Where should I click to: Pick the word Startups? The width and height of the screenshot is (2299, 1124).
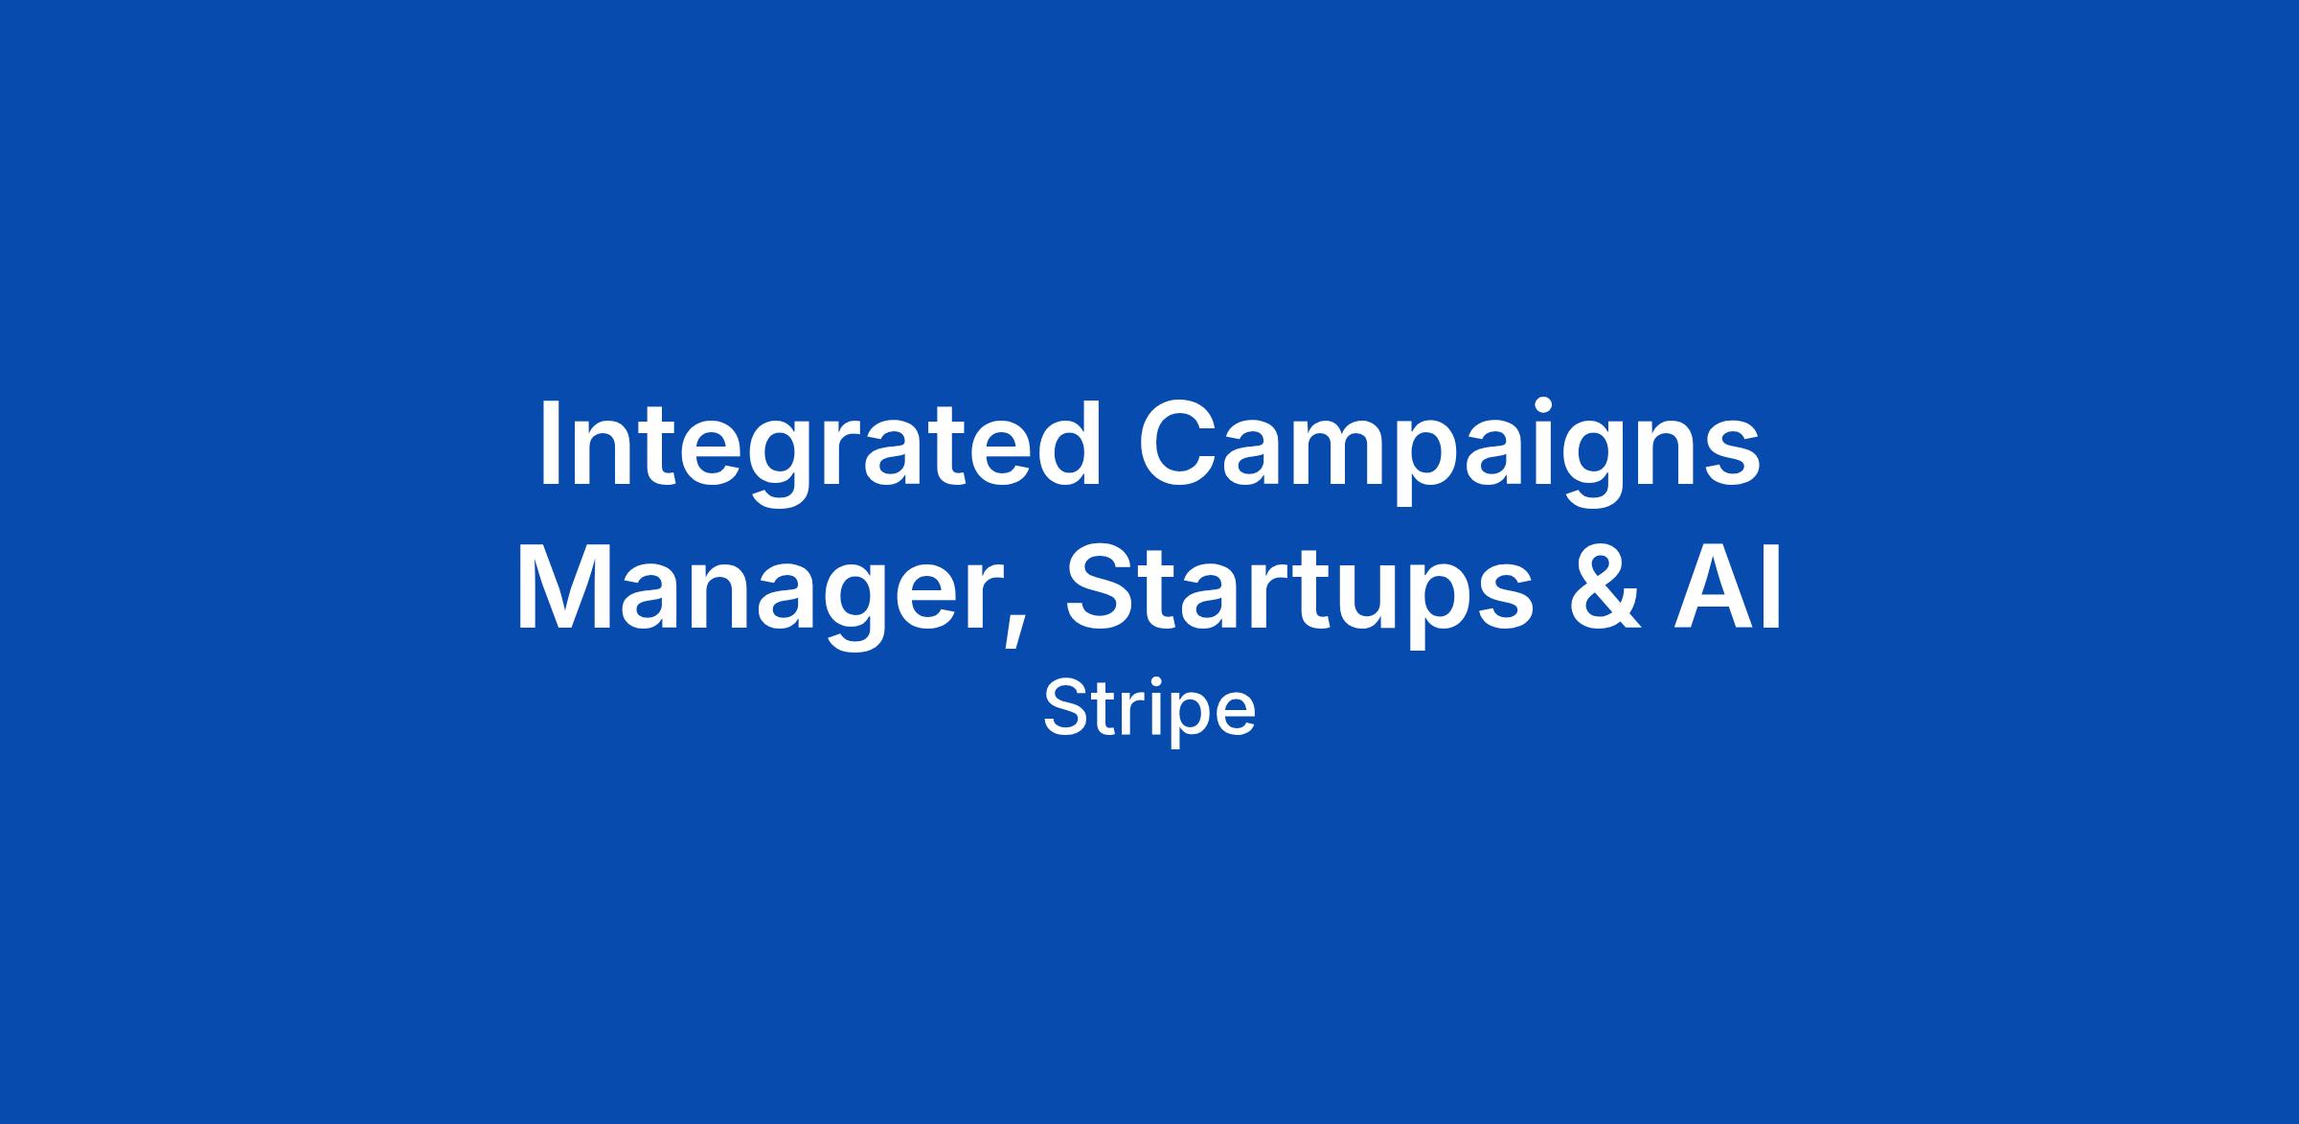(1300, 594)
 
